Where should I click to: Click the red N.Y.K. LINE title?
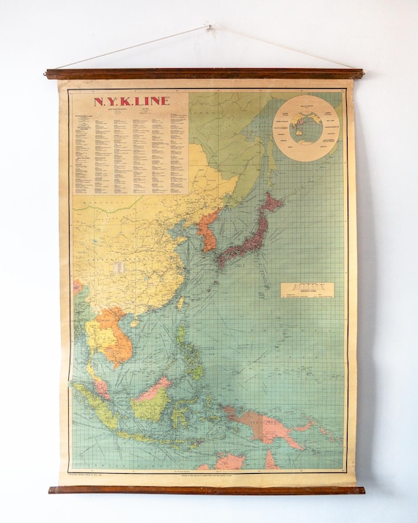click(131, 100)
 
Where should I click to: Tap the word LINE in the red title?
click(153, 100)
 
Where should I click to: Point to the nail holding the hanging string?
click(209, 28)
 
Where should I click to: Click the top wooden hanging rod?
click(204, 73)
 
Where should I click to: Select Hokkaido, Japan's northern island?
click(272, 202)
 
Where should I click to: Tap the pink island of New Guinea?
click(264, 425)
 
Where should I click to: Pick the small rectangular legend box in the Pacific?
click(307, 290)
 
